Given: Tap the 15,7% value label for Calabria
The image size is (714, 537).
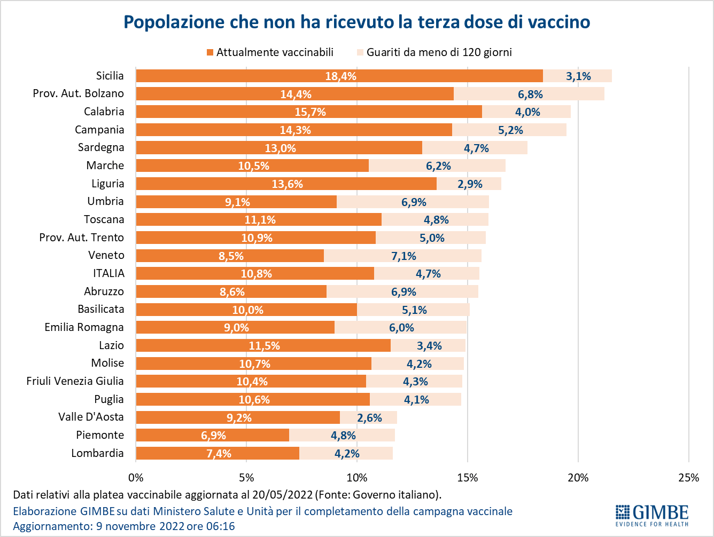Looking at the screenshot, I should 310,112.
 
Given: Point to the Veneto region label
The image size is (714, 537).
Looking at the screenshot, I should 106,255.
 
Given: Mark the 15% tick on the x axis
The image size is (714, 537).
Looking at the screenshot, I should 468,478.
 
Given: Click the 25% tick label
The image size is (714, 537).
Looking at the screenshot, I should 688,478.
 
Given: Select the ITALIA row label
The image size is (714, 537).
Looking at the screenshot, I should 108,273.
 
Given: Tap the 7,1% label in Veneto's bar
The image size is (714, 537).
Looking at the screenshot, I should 403,256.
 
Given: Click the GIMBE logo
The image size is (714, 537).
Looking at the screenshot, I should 651,515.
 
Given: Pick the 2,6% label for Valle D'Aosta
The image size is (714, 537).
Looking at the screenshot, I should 369,418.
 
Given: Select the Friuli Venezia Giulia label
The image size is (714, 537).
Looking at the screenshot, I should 75,381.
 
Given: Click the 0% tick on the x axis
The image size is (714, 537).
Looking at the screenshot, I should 136,478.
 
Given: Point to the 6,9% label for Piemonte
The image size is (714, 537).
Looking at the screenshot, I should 213,436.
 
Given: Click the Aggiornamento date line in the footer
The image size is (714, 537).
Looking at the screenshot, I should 124,526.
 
